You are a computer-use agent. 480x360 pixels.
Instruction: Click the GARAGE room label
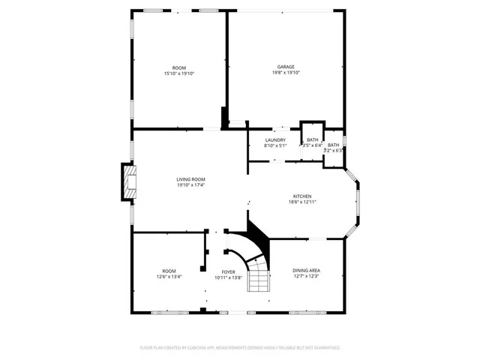(x=286, y=67)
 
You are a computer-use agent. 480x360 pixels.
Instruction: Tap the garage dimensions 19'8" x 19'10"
(x=286, y=73)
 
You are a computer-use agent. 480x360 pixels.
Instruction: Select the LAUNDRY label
(x=275, y=140)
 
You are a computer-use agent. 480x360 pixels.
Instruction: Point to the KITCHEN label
(x=302, y=196)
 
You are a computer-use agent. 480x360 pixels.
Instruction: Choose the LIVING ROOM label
(x=191, y=179)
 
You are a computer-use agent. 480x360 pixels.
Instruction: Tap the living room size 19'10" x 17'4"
(x=191, y=185)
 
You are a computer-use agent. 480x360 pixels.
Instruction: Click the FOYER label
(x=228, y=271)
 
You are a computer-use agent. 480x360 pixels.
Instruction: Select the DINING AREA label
(x=307, y=271)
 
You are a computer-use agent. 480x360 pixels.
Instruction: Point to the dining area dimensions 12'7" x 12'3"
(x=307, y=277)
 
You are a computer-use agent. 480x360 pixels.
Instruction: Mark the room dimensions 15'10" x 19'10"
(x=178, y=73)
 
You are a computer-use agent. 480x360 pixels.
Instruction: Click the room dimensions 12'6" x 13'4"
(x=169, y=277)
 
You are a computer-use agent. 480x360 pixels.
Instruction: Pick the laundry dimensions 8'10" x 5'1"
(x=275, y=146)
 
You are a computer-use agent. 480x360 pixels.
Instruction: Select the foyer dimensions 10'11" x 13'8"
(x=228, y=277)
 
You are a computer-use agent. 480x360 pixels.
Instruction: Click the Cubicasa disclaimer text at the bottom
(x=240, y=348)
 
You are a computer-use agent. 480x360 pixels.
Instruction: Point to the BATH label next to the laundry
(x=311, y=140)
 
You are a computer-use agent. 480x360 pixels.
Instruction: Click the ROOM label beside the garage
(x=178, y=67)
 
